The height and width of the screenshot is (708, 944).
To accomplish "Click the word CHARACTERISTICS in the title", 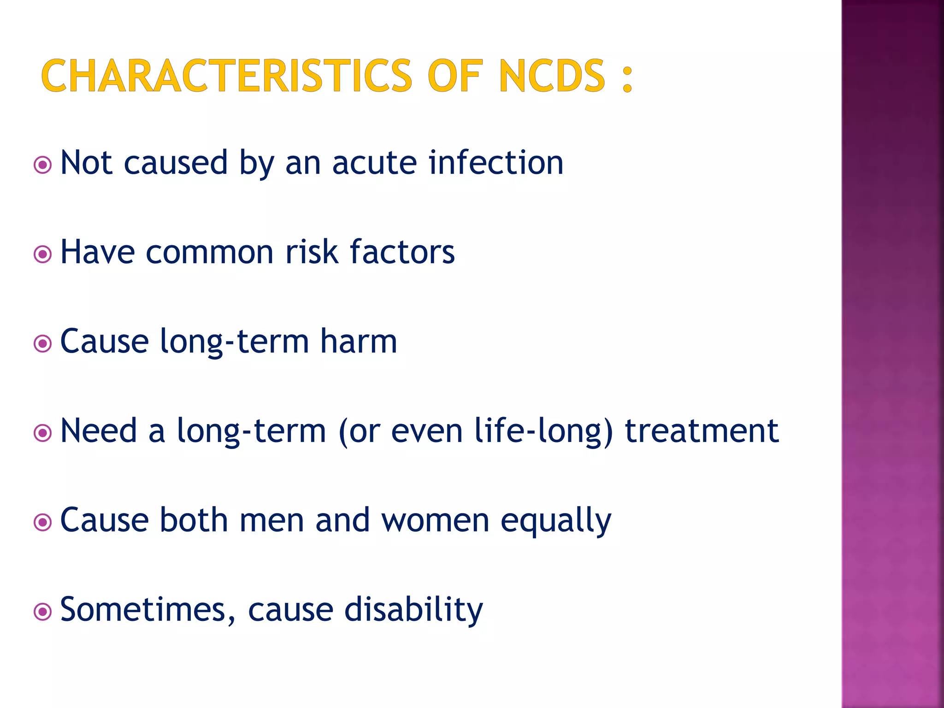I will pos(226,76).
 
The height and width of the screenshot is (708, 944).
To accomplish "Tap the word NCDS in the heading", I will pos(552,76).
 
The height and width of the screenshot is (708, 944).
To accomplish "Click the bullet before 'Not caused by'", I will pos(43,165).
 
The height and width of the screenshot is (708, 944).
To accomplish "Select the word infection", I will pos(496,162).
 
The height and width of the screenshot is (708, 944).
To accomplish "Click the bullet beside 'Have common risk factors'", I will pos(43,254).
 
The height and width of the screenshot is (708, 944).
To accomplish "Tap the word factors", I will pos(402,252).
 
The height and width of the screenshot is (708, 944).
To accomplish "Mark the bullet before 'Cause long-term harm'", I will pos(43,343).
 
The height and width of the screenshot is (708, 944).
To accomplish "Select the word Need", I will pos(99,431).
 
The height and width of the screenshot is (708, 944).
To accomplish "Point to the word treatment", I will pos(702,431).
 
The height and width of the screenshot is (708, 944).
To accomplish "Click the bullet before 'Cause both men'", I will pos(43,522).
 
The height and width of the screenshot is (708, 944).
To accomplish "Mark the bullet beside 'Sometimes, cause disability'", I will pos(43,612).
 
